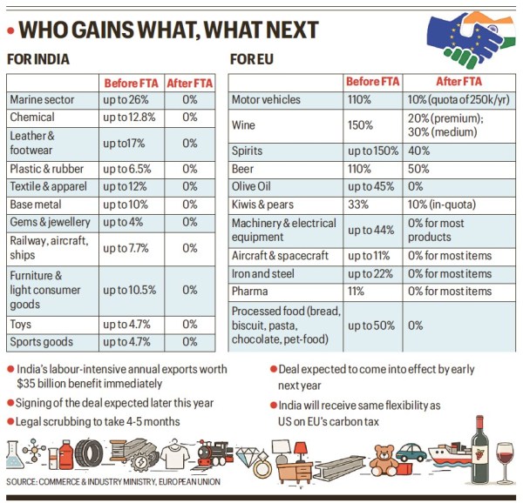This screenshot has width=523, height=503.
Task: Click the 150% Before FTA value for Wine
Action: pyautogui.click(x=360, y=125)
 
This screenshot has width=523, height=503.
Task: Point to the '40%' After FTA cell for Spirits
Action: pyautogui.click(x=418, y=151)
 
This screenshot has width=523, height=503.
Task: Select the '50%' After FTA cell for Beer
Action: pyautogui.click(x=418, y=169)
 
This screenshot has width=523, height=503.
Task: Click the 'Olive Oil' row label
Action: pyautogui.click(x=254, y=186)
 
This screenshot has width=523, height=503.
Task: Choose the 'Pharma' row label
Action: pyautogui.click(x=250, y=292)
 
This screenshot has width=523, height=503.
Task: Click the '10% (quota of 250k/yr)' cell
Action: pyautogui.click(x=458, y=100)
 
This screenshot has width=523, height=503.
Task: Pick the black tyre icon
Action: pyautogui.click(x=88, y=453)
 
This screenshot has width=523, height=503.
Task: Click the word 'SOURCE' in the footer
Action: pyautogui.click(x=24, y=481)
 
